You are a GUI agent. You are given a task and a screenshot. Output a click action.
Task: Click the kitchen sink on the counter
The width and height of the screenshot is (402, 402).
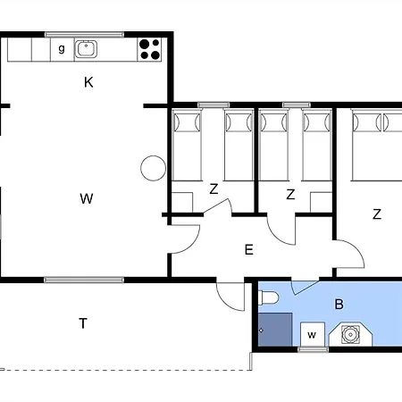point(86,49)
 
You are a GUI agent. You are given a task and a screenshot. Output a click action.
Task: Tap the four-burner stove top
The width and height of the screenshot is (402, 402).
point(149,49)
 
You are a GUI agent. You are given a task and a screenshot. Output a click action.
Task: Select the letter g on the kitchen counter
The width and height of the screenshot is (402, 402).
point(62,48)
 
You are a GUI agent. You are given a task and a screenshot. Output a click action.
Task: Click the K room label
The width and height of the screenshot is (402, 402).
point(88,82)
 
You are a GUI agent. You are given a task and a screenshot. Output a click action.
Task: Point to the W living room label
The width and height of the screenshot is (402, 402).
point(87,198)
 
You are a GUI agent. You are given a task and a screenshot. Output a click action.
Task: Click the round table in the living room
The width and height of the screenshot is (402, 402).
point(153,168)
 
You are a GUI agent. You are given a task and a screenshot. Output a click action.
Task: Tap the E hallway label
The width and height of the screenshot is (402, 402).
point(249,250)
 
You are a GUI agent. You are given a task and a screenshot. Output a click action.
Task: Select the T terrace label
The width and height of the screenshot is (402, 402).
point(83,323)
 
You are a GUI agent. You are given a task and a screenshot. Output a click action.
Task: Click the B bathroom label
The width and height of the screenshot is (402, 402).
point(339,305)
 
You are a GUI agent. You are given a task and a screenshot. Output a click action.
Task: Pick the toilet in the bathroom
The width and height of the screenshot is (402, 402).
point(269,297)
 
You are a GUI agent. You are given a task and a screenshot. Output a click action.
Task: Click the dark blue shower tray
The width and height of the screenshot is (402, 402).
point(275,330)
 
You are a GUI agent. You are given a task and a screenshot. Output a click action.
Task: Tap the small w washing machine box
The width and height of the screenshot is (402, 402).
point(312,334)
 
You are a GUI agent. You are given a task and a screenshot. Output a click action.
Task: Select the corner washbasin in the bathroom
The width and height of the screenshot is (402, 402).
point(350,334)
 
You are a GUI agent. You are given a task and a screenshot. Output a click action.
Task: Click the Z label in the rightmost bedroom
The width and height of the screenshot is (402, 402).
point(377,214)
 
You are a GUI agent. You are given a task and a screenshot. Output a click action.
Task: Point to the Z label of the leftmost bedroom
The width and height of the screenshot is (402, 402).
point(214,189)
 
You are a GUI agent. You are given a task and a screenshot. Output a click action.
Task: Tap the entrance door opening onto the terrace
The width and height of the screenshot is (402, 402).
point(230,296)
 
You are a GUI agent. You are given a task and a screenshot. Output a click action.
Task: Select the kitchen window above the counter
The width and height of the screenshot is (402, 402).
point(84,35)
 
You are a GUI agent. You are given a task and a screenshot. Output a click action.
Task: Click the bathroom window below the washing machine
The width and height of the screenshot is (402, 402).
point(313,349)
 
